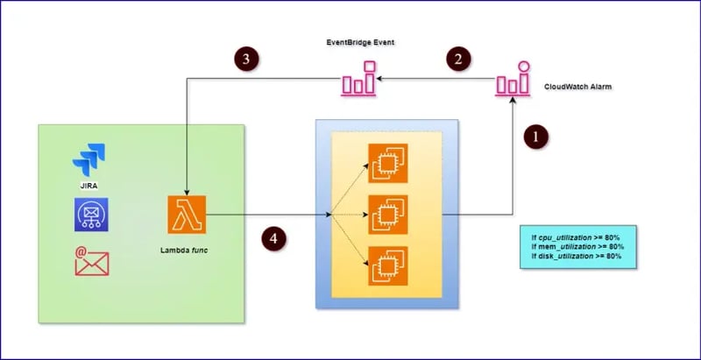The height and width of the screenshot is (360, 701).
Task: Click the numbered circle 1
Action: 537,137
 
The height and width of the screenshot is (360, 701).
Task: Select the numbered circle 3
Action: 249,59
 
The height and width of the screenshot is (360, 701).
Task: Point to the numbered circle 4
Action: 274,236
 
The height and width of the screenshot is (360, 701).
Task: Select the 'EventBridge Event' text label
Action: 358,43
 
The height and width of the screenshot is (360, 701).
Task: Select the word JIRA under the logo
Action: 89,186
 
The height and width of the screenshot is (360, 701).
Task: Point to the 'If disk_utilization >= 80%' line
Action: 577,257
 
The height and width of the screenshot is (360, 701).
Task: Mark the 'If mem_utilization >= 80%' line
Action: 577,247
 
